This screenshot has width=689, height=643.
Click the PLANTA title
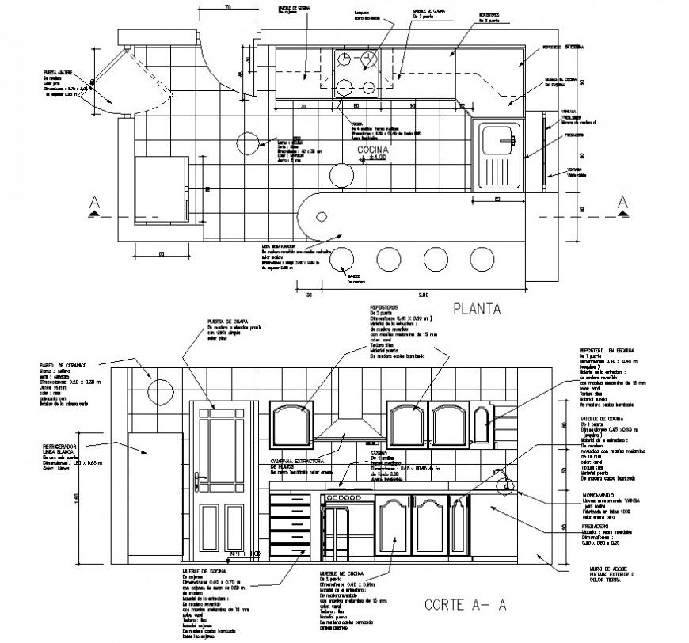477,310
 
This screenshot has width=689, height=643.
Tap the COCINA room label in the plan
370,150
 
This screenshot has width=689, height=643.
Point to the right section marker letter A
622,200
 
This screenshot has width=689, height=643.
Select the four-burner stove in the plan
356,73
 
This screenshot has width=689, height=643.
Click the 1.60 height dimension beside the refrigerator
100,497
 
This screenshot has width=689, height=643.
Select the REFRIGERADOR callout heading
60,450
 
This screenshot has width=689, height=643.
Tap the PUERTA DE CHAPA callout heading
224,321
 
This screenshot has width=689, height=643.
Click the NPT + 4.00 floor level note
244,553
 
